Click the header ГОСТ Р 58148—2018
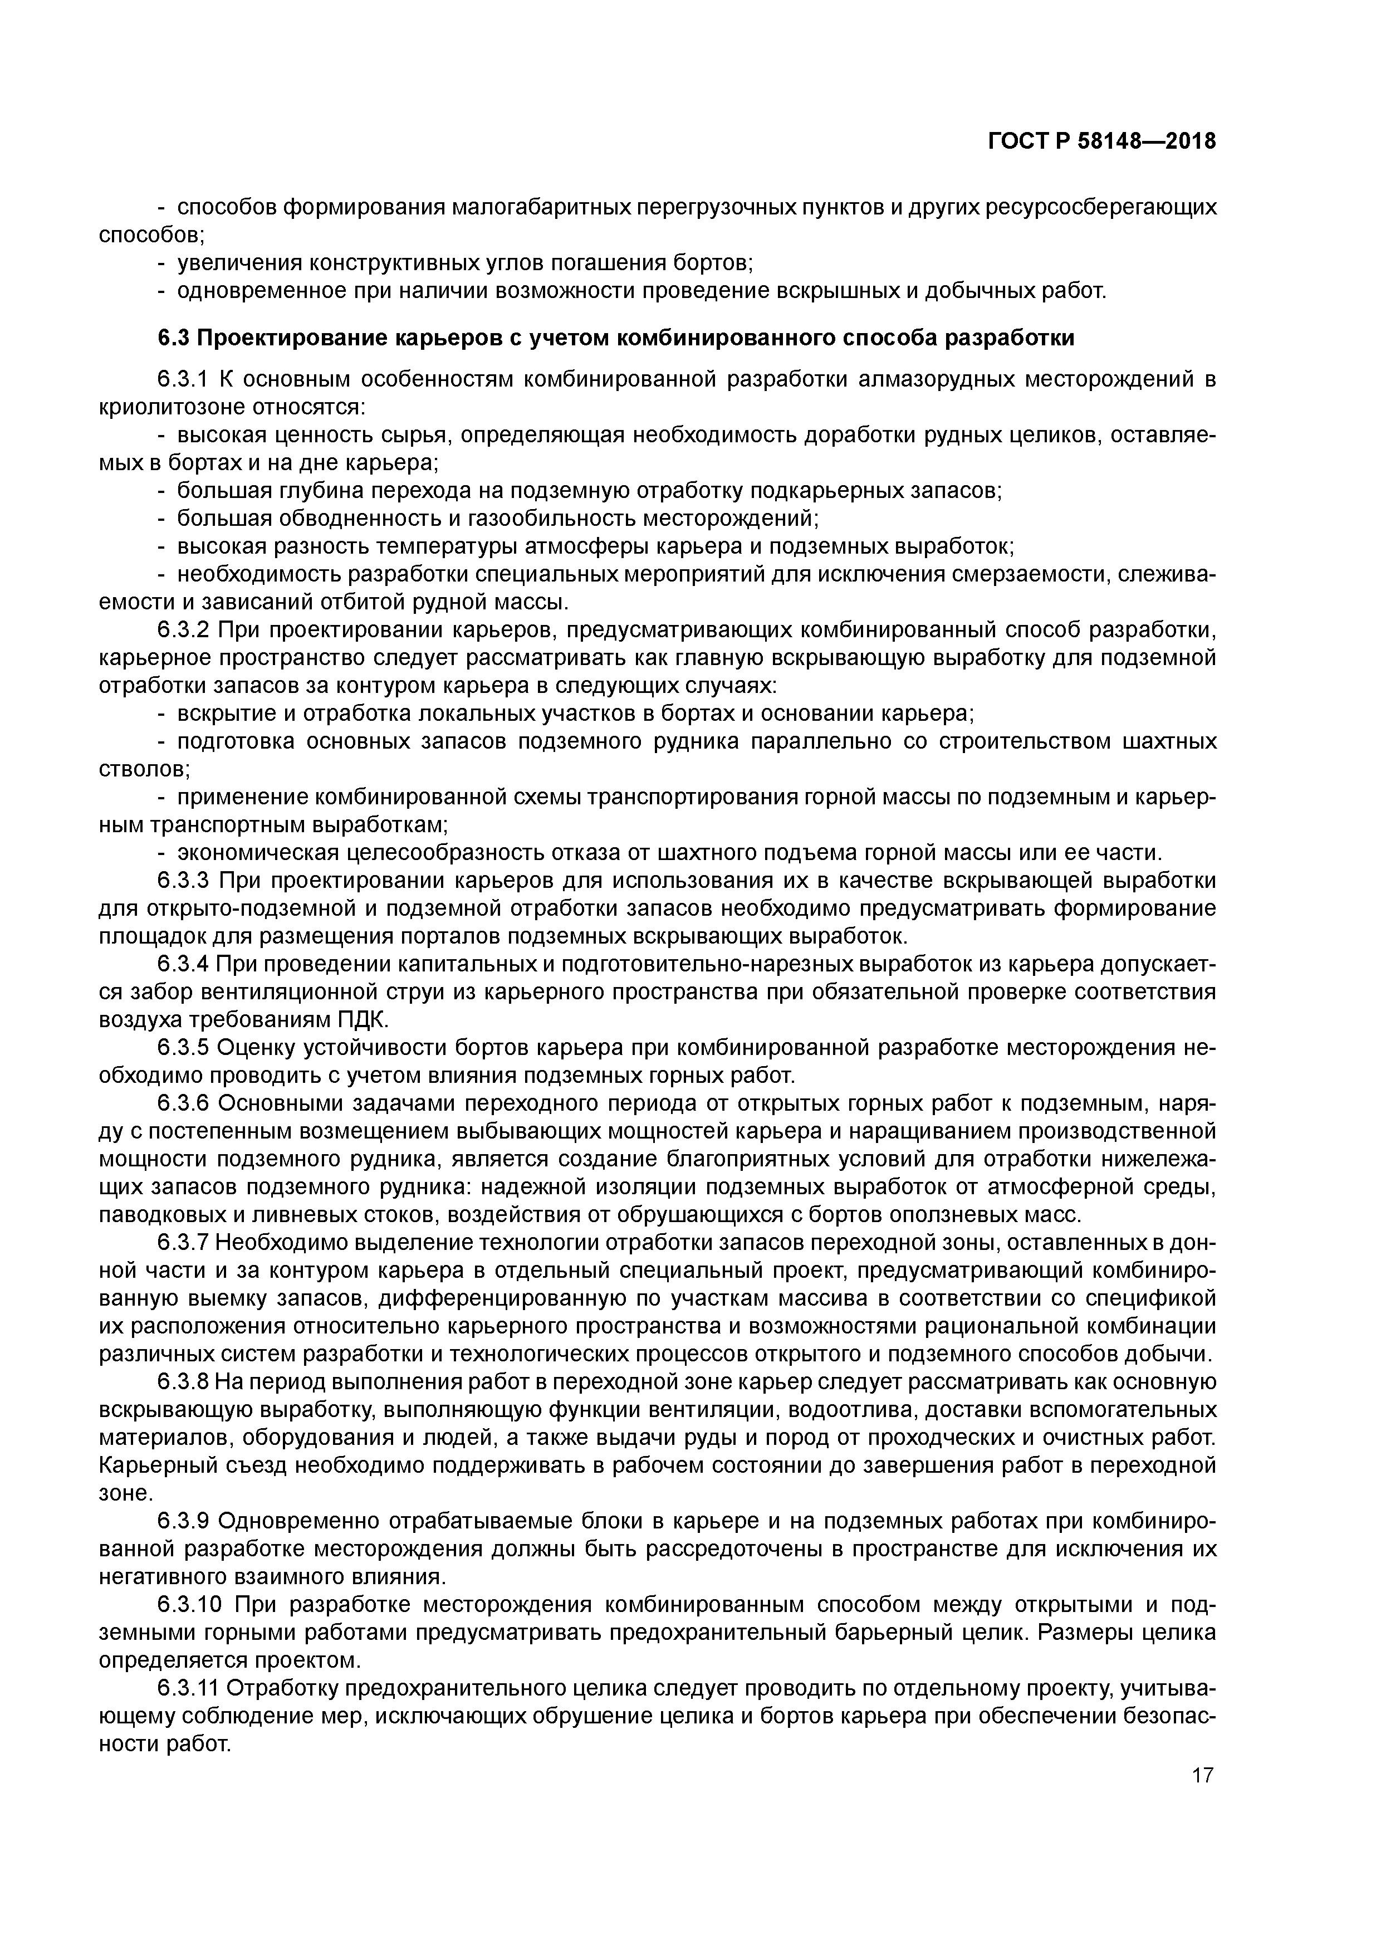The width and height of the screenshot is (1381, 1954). coord(1102,141)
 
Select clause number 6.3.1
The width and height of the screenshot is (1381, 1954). coord(183,379)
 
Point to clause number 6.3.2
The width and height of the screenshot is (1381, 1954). coord(183,630)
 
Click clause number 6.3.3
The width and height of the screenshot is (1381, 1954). coord(183,880)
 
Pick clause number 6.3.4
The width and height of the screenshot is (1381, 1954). coord(183,964)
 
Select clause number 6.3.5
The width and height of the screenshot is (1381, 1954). coord(183,1048)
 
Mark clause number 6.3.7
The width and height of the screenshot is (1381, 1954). coord(183,1243)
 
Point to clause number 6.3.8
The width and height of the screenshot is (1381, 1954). coord(183,1381)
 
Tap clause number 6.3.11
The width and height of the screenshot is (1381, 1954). coord(189,1688)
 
